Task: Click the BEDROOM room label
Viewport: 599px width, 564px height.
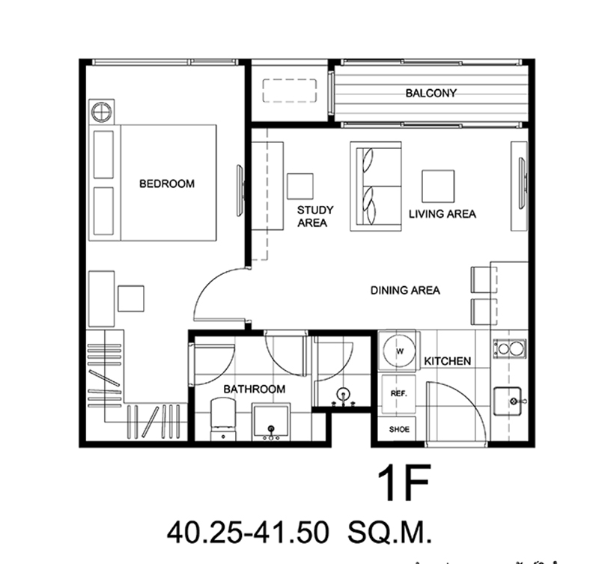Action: [x=167, y=184]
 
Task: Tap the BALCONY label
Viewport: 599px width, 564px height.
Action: [x=431, y=93]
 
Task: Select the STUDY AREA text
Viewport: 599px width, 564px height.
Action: [x=315, y=216]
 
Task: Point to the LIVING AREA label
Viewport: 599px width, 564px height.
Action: [x=443, y=214]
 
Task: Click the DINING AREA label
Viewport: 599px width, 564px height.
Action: [x=405, y=291]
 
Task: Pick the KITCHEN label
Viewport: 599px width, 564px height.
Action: [x=447, y=361]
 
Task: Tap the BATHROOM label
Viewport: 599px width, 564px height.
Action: [x=255, y=389]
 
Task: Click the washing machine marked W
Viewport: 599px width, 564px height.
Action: [x=399, y=351]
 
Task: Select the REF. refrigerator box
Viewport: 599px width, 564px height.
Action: [x=398, y=394]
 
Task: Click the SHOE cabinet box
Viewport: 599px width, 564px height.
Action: [x=399, y=429]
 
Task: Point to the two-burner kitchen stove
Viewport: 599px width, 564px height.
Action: [x=510, y=348]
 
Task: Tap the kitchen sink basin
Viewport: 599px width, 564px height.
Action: [x=508, y=401]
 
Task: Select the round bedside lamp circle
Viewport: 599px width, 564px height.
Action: [x=101, y=112]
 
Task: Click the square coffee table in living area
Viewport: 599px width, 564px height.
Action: [x=438, y=186]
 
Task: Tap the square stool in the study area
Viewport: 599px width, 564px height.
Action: [x=300, y=186]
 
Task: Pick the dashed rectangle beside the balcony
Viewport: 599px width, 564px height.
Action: [x=290, y=91]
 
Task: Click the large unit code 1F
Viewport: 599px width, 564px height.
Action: [x=404, y=482]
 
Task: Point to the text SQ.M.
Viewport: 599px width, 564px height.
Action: [x=389, y=533]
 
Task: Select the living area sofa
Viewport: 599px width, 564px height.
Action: [x=376, y=186]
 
